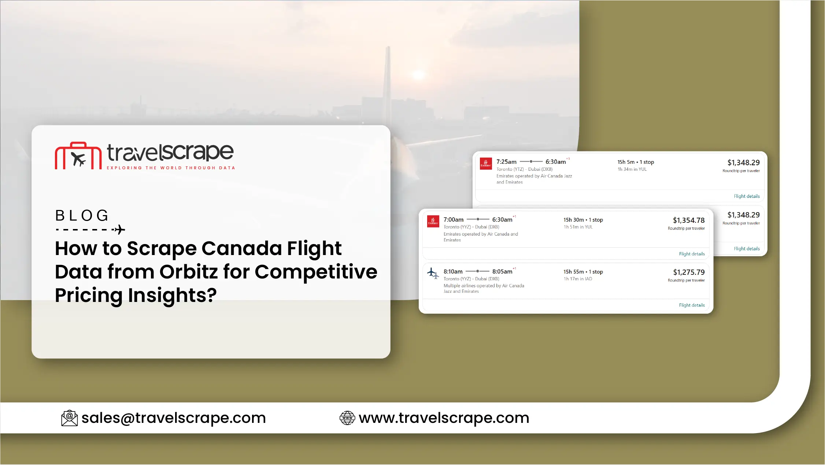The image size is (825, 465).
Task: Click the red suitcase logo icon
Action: (78, 156)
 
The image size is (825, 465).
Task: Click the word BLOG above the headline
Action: (82, 215)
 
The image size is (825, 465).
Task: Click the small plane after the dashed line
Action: (119, 230)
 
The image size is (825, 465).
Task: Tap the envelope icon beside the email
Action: (69, 418)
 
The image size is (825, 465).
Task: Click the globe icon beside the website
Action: (347, 418)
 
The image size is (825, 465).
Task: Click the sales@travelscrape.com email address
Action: (174, 418)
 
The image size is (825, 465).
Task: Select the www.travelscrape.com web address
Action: (444, 418)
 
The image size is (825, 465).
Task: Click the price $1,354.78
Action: (689, 220)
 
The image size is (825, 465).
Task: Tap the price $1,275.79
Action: (689, 272)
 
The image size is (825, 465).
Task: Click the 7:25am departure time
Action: (506, 162)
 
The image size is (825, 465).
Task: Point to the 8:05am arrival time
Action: (502, 272)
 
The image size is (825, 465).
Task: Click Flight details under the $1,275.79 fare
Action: (692, 305)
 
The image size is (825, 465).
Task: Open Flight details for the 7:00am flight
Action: (692, 254)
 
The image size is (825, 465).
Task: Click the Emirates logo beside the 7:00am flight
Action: (433, 221)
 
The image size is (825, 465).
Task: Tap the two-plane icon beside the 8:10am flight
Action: (433, 273)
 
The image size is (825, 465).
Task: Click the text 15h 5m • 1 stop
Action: (636, 162)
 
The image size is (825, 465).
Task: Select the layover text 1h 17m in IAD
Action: (578, 279)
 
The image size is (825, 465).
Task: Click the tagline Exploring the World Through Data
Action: (171, 168)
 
